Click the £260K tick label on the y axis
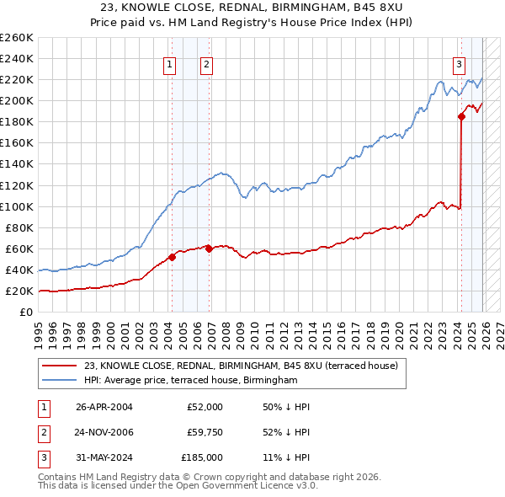(x=16, y=38)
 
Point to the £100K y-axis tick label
(x=16, y=206)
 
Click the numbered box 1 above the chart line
(x=170, y=63)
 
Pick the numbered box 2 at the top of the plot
(x=206, y=63)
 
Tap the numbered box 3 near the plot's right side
(x=459, y=63)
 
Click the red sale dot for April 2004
(x=172, y=257)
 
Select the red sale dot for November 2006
(x=209, y=248)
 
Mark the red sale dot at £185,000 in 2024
(x=461, y=117)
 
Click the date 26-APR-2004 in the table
(x=104, y=407)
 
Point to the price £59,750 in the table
(x=205, y=432)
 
